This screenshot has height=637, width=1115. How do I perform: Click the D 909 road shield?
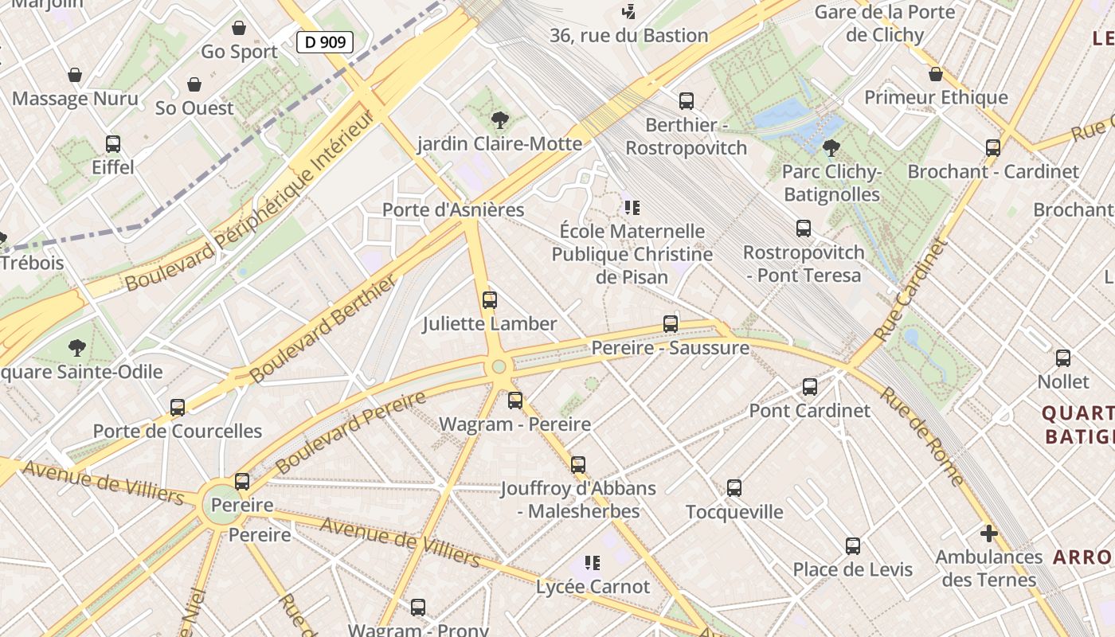(x=325, y=41)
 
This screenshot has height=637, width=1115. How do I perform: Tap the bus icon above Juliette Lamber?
(x=490, y=300)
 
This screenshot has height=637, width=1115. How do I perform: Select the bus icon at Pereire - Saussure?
(x=671, y=324)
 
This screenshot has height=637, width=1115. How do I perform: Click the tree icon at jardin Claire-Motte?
(x=500, y=120)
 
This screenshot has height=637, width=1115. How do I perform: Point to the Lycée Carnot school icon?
(x=592, y=563)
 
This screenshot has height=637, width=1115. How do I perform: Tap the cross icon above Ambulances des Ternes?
(x=989, y=533)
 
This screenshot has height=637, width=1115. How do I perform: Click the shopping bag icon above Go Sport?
(x=239, y=28)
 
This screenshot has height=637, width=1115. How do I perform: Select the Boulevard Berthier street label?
(x=323, y=330)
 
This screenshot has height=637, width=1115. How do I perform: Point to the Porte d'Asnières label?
(x=453, y=209)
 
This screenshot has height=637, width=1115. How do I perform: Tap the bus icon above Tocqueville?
(x=734, y=487)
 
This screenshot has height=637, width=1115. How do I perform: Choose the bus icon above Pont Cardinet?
(x=810, y=387)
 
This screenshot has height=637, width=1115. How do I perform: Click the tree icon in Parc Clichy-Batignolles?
(x=831, y=147)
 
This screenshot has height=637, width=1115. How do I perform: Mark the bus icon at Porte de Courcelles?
(x=178, y=408)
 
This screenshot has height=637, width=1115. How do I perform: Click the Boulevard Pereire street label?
(x=350, y=433)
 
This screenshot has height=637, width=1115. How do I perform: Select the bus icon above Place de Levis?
(x=853, y=546)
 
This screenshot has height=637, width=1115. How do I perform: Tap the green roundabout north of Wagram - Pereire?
(x=499, y=366)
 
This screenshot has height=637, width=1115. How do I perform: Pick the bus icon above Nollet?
(x=1063, y=358)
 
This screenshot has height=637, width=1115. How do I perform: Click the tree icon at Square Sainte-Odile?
(x=77, y=348)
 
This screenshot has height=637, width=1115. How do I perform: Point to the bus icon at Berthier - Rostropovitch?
(x=687, y=101)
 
